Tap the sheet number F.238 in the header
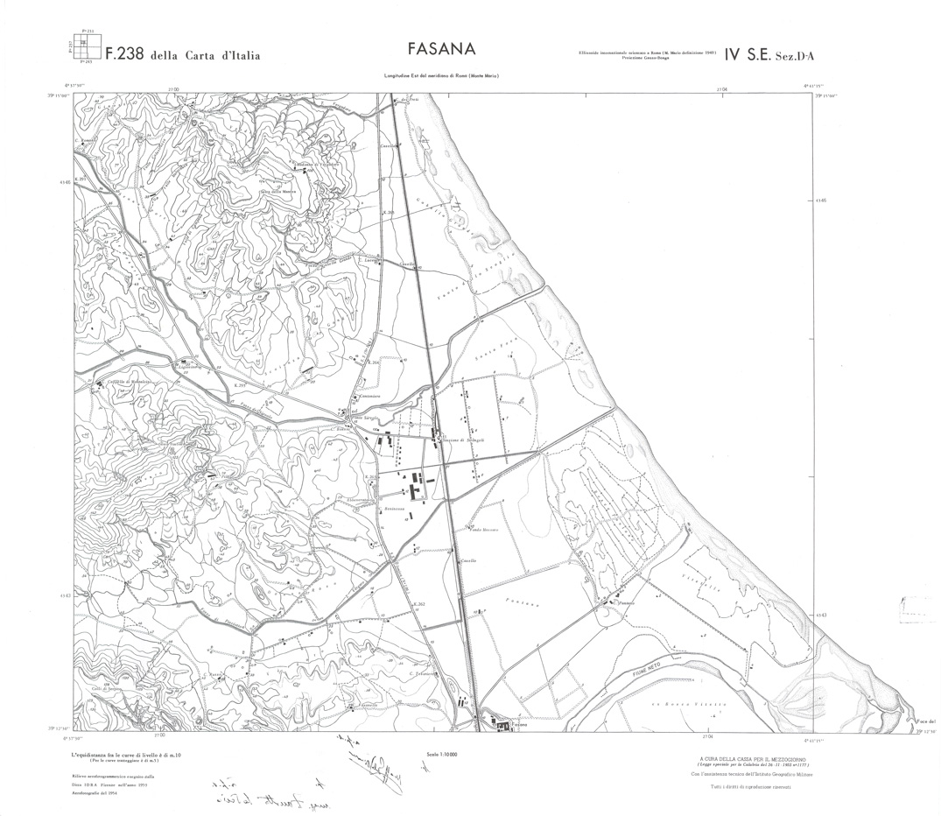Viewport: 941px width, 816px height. tap(123, 54)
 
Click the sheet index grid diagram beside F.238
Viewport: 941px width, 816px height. tap(84, 48)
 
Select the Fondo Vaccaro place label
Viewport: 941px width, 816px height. tap(484, 530)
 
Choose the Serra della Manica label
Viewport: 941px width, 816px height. tap(277, 191)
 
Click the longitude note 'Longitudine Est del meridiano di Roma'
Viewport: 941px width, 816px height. tap(447, 78)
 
